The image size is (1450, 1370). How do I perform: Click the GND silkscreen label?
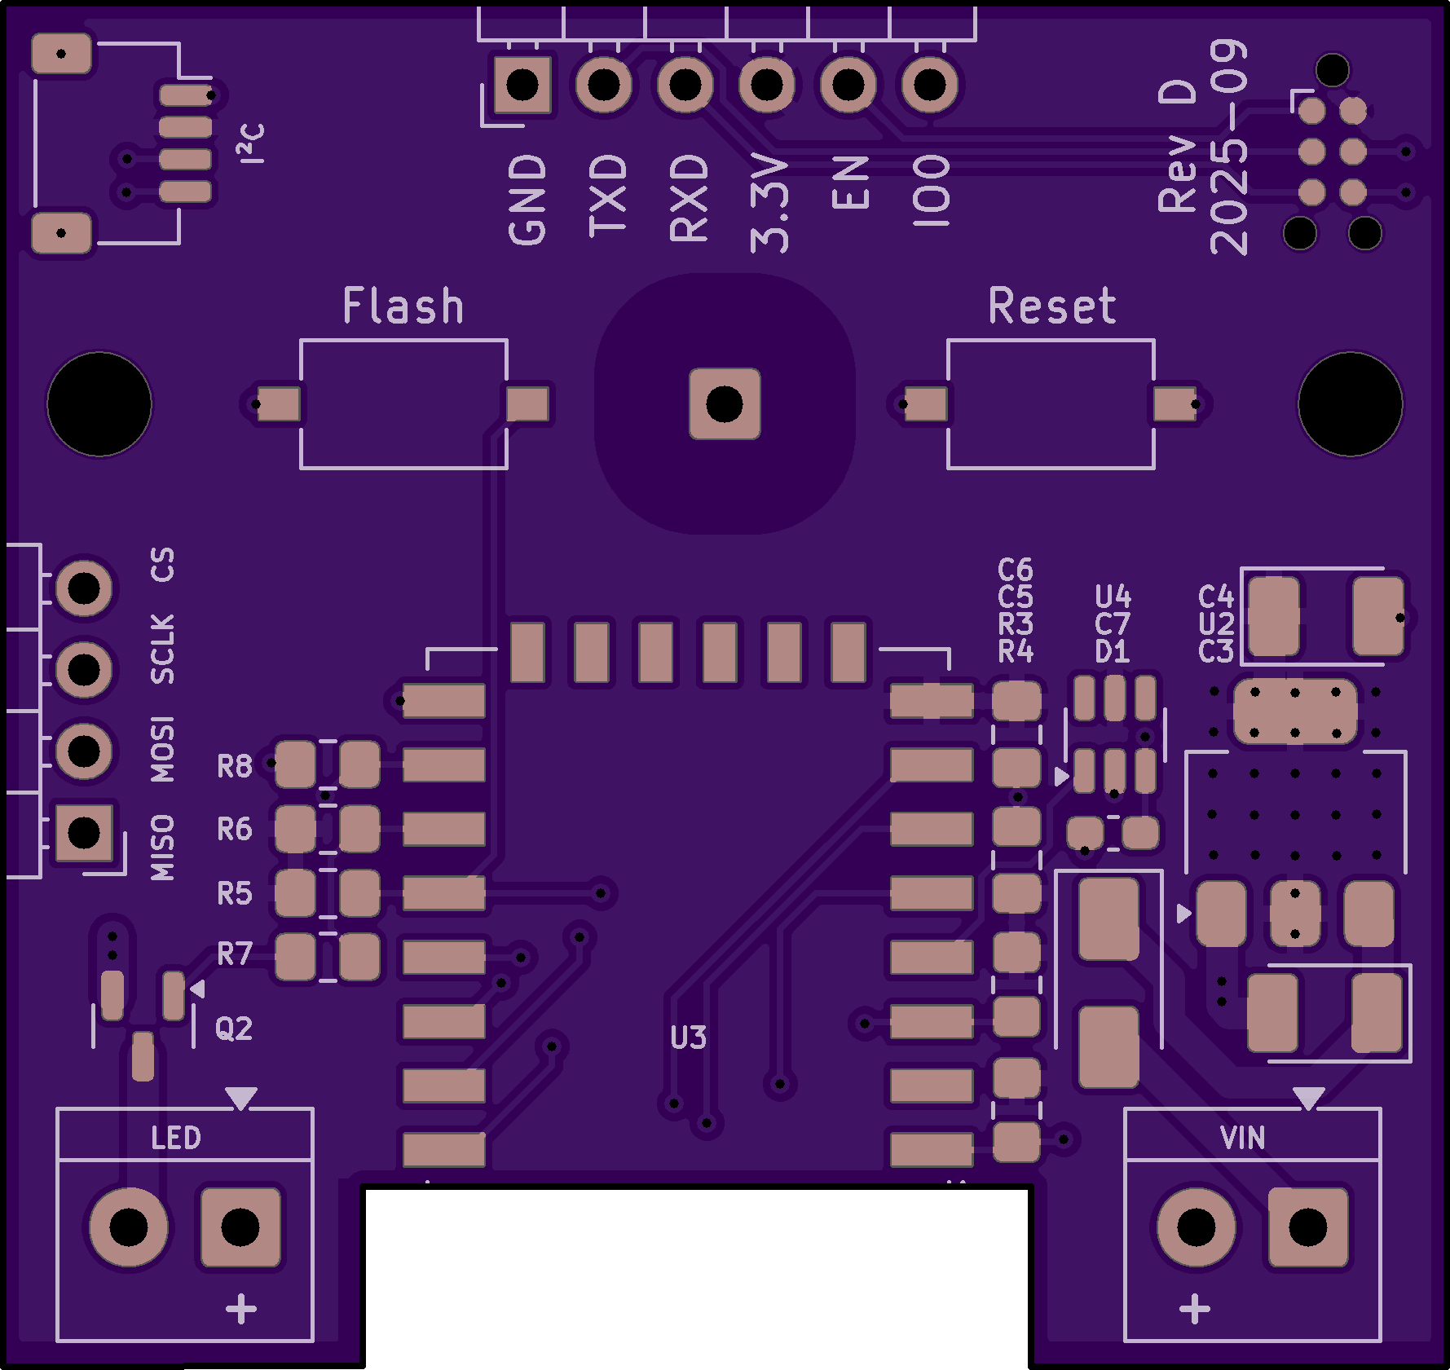pos(527,200)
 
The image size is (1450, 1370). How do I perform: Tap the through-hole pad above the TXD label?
pos(603,84)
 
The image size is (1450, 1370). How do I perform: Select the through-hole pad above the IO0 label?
pos(929,84)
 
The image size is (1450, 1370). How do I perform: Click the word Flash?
pos(403,306)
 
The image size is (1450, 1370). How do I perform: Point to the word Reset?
pos(1051,306)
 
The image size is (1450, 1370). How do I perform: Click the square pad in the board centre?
pos(725,404)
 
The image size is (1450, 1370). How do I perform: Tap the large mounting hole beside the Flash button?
pos(99,404)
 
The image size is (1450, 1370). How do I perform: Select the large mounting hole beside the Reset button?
pos(1350,404)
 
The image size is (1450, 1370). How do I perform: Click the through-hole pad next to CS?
pos(84,588)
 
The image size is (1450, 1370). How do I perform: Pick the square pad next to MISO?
pos(84,833)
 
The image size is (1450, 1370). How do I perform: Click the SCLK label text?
pos(163,649)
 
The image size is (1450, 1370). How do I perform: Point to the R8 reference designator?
pos(235,767)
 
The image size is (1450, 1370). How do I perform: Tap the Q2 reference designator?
pos(234,1029)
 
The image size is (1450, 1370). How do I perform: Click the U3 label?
pos(689,1038)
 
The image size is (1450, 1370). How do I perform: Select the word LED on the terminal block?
pos(176,1138)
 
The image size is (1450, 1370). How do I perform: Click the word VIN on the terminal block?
pos(1243,1138)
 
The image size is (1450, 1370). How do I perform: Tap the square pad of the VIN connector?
pos(1307,1227)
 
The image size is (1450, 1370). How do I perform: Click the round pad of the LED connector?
pos(129,1227)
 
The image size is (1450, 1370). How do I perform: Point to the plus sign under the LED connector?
pos(241,1310)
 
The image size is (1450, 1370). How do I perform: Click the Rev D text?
pos(1178,147)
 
